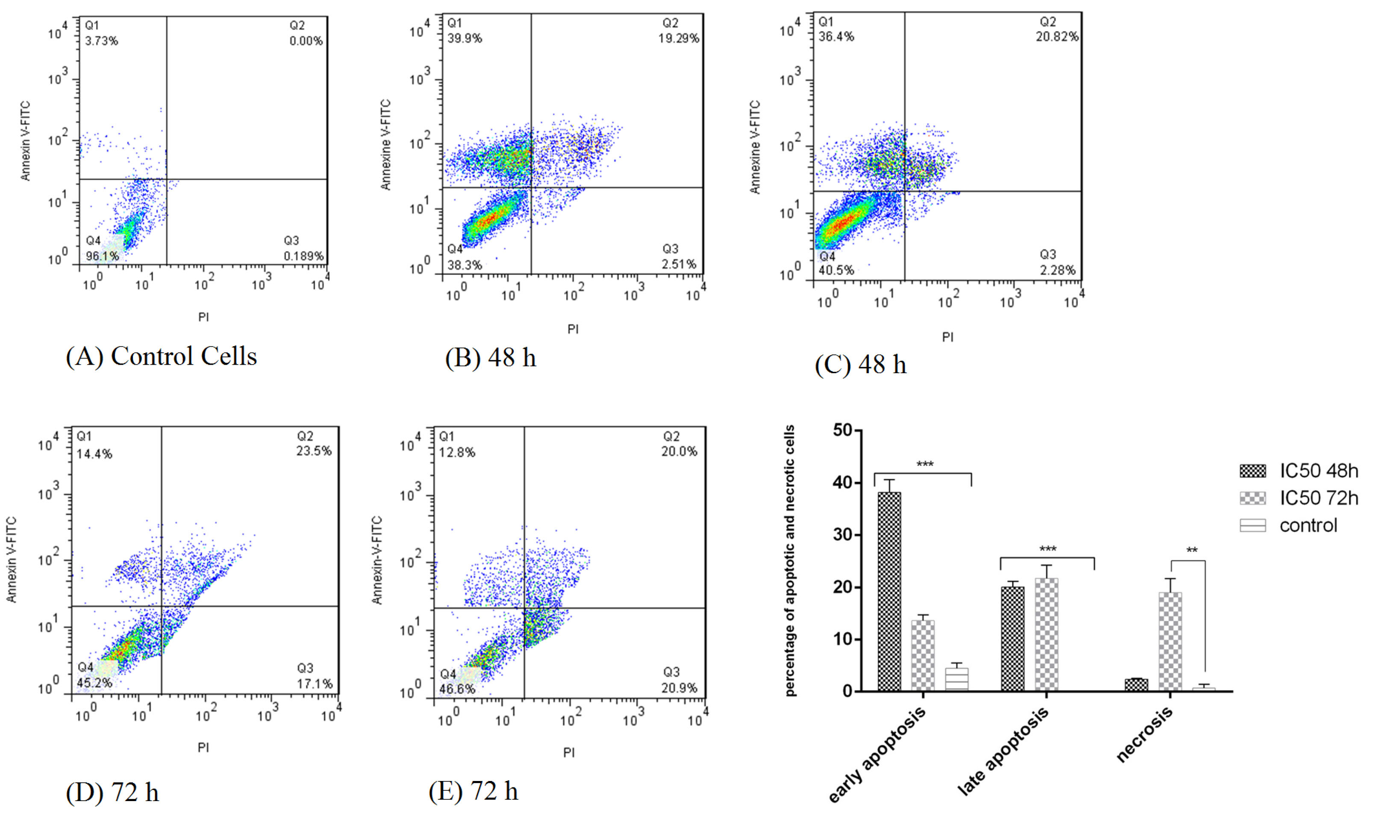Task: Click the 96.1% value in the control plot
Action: (x=102, y=256)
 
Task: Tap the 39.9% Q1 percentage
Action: (x=465, y=38)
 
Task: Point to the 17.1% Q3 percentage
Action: (x=315, y=684)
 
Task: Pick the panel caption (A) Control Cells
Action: (x=162, y=357)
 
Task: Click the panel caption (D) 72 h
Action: (x=112, y=793)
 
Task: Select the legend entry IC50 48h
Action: (x=1318, y=471)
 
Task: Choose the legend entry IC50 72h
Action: (x=1318, y=498)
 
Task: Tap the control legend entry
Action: (x=1308, y=525)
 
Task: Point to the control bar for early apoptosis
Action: (x=957, y=679)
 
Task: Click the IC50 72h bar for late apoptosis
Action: (x=1046, y=634)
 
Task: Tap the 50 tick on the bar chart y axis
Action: (x=842, y=430)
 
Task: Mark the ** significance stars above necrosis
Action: (x=1192, y=551)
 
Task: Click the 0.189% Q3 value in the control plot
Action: (x=303, y=256)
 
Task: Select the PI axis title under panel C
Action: (x=947, y=337)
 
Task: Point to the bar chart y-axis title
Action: (x=790, y=560)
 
